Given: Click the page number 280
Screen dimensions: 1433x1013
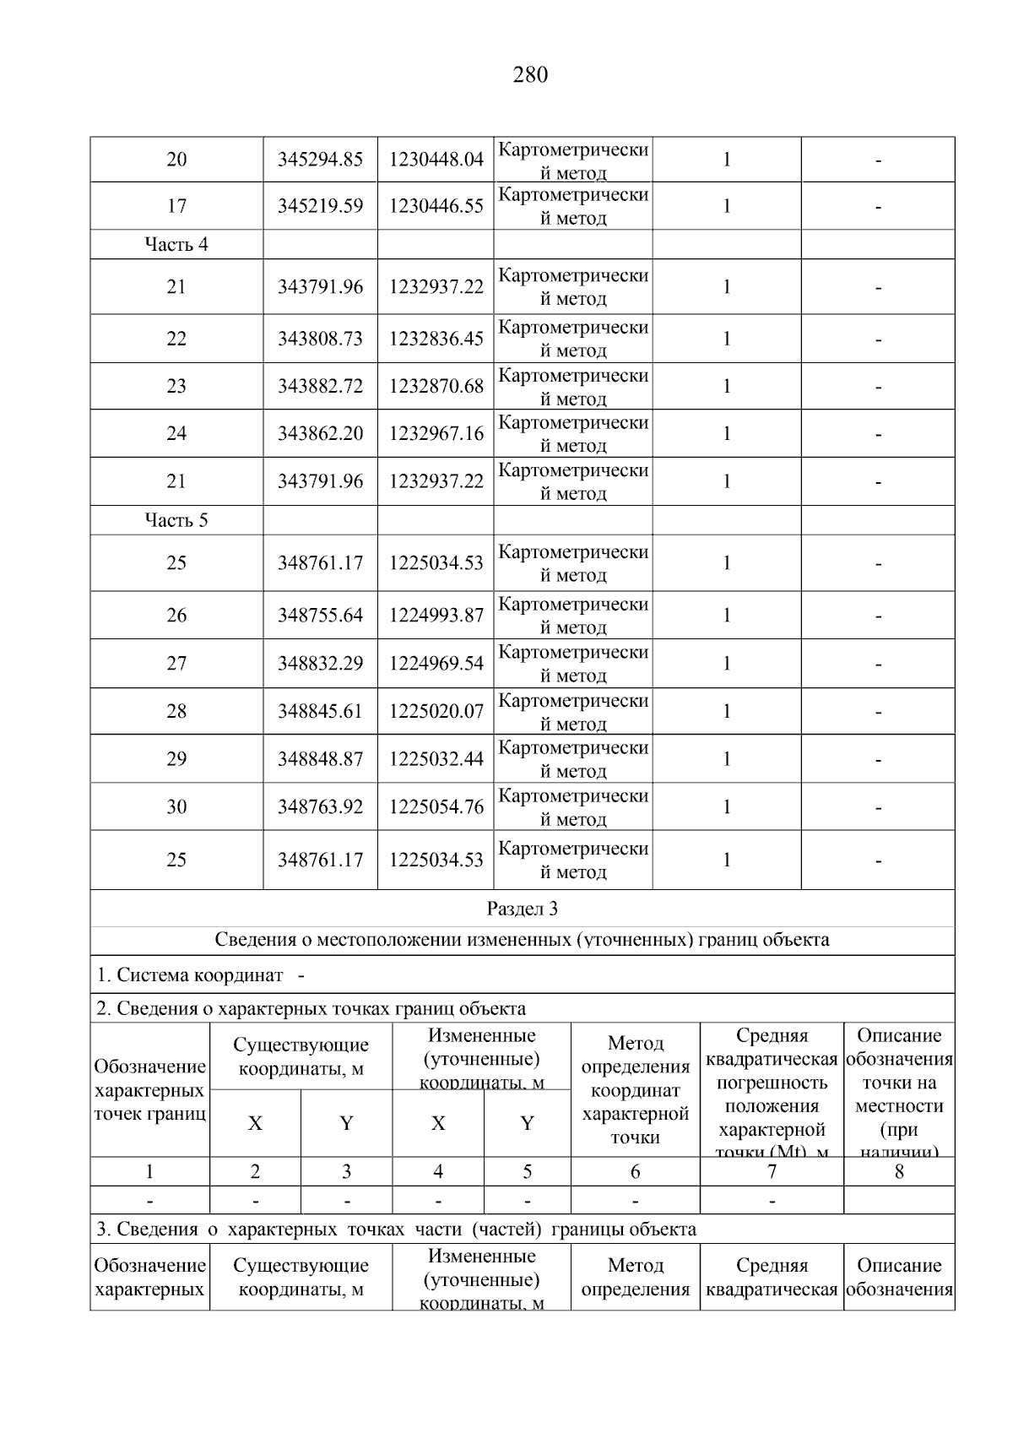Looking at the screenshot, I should [x=530, y=75].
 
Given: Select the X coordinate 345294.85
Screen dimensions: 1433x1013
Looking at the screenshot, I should [x=320, y=160].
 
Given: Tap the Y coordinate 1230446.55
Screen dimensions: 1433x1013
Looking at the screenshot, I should [x=436, y=206].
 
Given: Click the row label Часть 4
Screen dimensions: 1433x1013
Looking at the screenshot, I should [x=176, y=245].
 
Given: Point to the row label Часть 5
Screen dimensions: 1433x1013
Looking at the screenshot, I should [x=176, y=520].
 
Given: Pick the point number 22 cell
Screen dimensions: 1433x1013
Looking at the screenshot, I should [x=176, y=339].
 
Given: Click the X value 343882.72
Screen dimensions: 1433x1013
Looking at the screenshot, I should [x=320, y=386].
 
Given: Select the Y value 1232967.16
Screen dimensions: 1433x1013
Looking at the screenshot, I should [x=436, y=433].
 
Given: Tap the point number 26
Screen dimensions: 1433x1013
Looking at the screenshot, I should [x=176, y=616].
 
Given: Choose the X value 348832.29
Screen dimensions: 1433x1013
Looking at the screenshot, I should [x=320, y=664].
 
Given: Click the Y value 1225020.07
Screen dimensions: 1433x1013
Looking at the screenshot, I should [x=436, y=711].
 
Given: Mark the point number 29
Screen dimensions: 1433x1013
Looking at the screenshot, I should [x=176, y=759].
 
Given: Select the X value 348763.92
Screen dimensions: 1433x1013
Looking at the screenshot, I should [x=320, y=807].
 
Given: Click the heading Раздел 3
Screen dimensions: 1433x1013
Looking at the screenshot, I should [x=523, y=909].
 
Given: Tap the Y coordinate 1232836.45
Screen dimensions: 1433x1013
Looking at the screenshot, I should [x=436, y=339].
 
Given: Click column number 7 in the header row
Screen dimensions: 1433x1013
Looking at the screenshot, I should [x=772, y=1171].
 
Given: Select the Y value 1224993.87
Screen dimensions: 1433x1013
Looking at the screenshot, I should [x=436, y=616].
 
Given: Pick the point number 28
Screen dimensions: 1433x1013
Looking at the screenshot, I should [x=176, y=711].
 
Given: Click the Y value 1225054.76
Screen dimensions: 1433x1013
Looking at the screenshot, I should [x=436, y=807].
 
